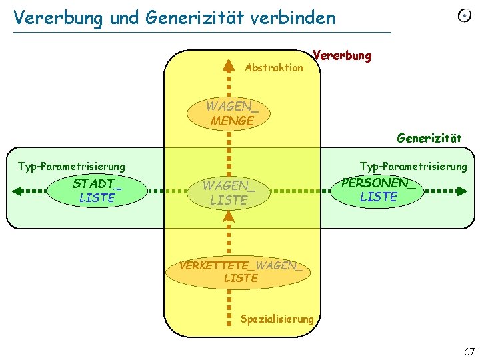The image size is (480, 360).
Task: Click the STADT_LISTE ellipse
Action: point(97,191)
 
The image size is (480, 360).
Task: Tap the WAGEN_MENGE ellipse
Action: point(229,113)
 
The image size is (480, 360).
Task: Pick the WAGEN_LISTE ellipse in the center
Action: point(229,193)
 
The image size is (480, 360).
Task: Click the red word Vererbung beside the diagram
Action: point(341,55)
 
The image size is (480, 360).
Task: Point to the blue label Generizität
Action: point(429,138)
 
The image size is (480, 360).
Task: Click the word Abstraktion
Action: point(274,68)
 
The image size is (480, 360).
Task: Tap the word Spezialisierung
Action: point(277,319)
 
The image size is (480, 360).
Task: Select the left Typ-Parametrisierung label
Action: point(71,165)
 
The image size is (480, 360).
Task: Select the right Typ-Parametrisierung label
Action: point(413,165)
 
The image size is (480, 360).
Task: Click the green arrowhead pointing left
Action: point(18,191)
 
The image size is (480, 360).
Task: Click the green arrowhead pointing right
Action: point(461,191)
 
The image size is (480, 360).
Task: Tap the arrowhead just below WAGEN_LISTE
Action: point(229,215)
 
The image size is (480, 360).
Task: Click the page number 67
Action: point(469,351)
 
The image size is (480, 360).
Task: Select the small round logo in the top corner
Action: point(464,15)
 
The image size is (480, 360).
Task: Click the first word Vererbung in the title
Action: point(57,17)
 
